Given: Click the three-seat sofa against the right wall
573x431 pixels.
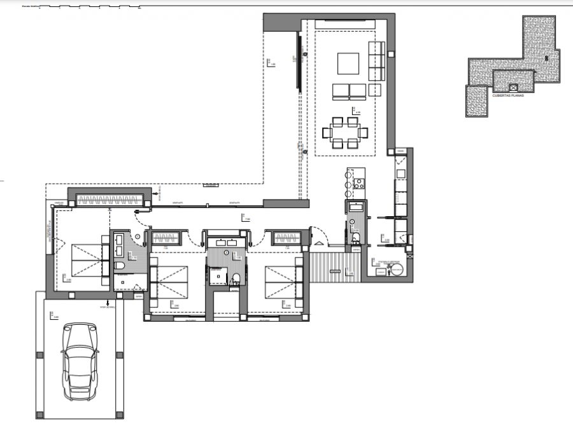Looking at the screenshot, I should point(377,60).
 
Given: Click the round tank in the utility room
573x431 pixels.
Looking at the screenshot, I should point(397,270).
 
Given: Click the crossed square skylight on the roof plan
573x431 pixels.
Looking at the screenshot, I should point(514,86).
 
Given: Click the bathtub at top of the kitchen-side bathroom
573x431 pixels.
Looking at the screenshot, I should point(355,206).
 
